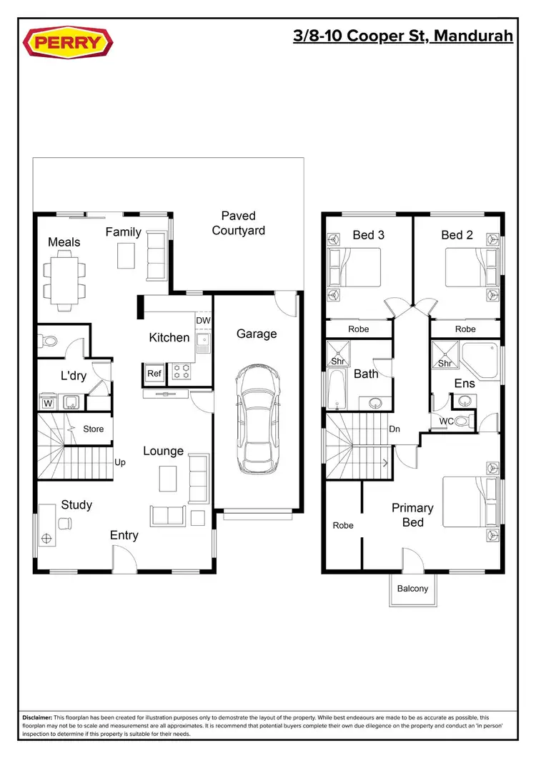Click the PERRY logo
coord(69,42)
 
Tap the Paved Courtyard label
coord(238,223)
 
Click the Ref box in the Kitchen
coord(154,373)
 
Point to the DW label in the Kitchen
coord(203,321)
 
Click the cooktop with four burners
coord(181,371)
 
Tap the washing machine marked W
coord(49,403)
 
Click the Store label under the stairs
coord(94,429)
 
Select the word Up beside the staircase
coord(120,462)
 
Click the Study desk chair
coord(65,524)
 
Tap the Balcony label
coord(413,589)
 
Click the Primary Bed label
coord(412,515)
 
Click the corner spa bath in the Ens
coord(480,359)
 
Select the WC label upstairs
coord(446,421)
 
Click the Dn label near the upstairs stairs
coord(394,430)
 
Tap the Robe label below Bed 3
coord(358,329)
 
